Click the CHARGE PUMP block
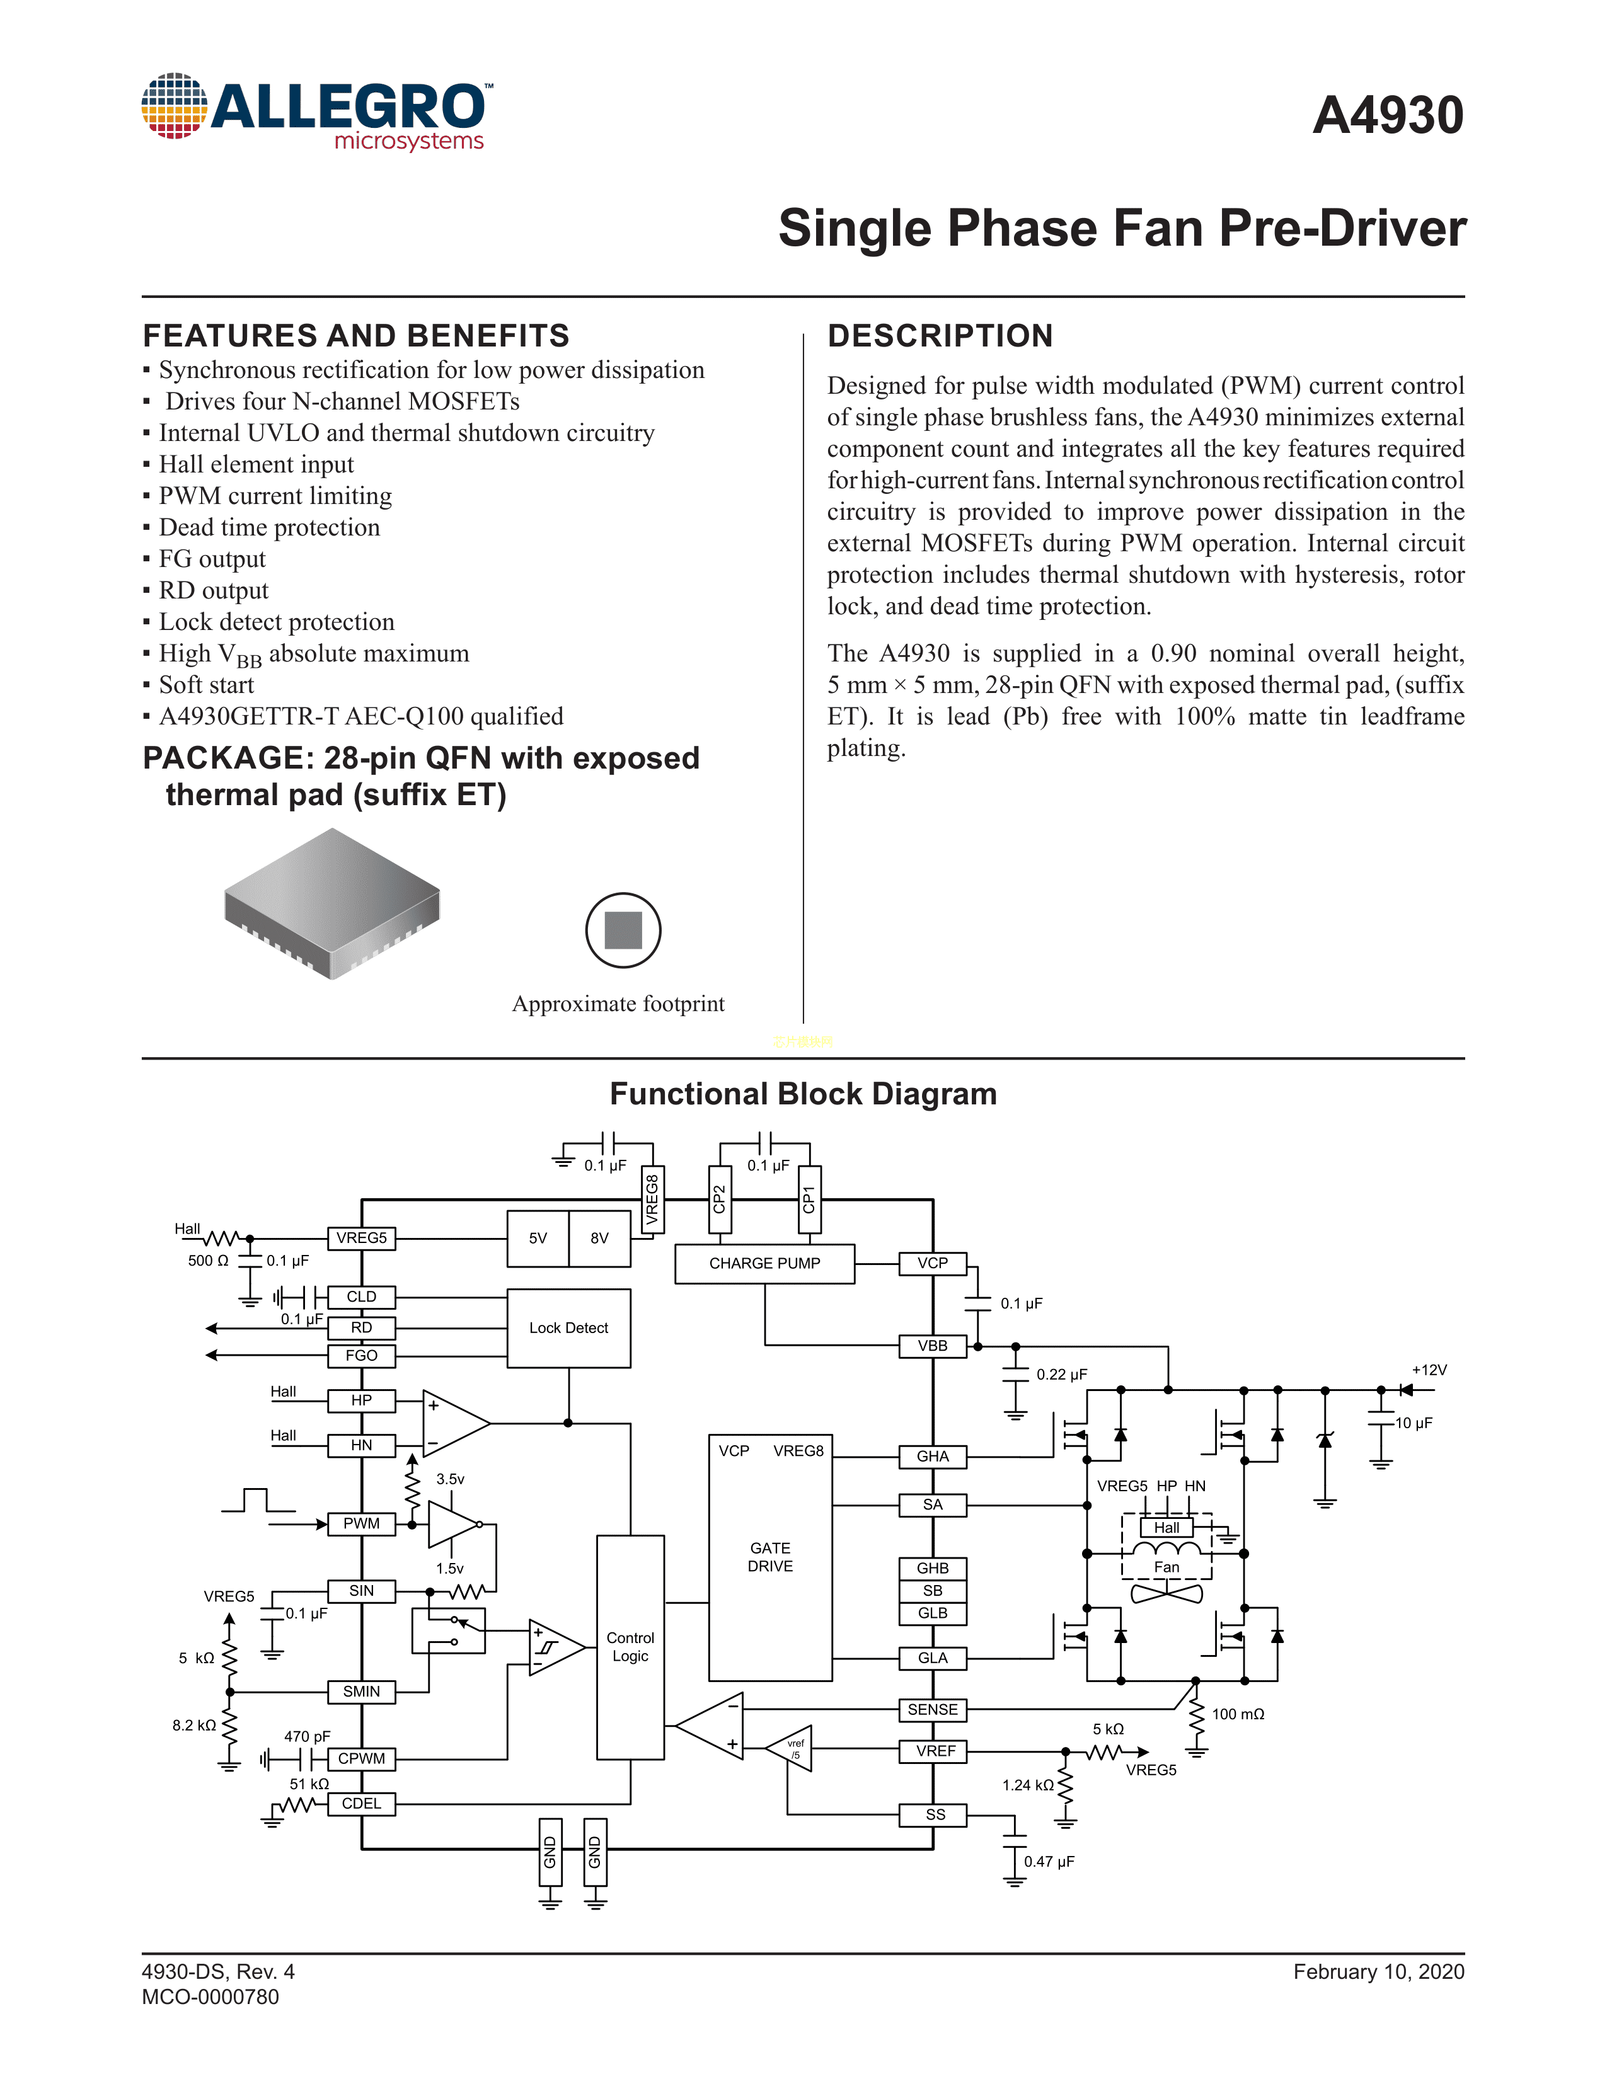(x=764, y=1263)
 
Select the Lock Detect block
(x=568, y=1328)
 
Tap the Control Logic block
(x=630, y=1647)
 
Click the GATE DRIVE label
(x=770, y=1557)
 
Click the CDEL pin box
(x=361, y=1804)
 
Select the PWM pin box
(x=361, y=1524)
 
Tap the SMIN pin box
(x=361, y=1692)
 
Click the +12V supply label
(x=1429, y=1370)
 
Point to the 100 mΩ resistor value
(x=1238, y=1714)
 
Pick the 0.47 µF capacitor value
(x=1049, y=1861)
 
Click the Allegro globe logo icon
(x=174, y=106)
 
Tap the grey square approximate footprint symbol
(x=623, y=930)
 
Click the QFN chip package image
(x=332, y=902)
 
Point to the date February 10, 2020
(x=1378, y=1971)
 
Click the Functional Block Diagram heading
(x=804, y=1094)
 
